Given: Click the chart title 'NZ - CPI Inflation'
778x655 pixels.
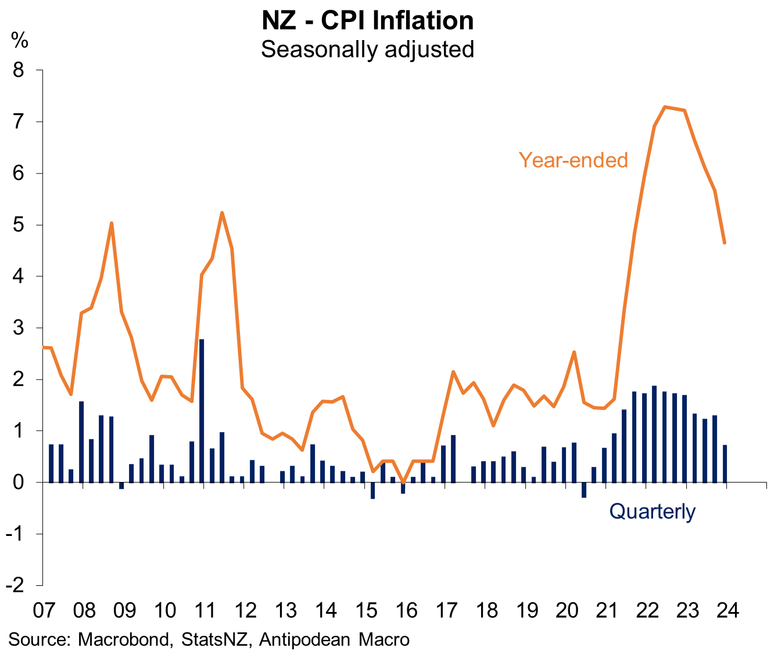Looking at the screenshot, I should point(367,20).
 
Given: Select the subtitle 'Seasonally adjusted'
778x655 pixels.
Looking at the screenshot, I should point(367,49).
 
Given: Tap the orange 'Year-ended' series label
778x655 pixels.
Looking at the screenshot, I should point(573,160).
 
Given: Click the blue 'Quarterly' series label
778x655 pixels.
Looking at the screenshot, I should point(652,511).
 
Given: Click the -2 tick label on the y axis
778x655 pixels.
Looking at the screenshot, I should point(16,585).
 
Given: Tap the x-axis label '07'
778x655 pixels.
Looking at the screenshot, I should point(44,610).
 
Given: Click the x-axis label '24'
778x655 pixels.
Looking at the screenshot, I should point(727,610).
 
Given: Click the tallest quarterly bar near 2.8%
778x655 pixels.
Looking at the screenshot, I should point(202,410).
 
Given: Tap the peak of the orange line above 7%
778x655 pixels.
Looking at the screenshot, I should point(665,107).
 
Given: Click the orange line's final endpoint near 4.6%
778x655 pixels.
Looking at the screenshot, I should point(724,242).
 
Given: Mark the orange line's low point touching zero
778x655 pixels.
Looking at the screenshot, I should point(403,481).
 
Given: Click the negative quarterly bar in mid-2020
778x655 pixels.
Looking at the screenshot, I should point(584,490).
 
